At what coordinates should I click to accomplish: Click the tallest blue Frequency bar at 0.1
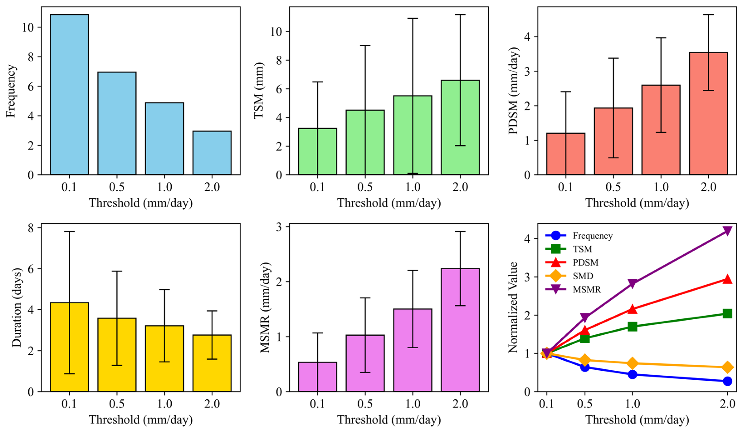[x=69, y=94]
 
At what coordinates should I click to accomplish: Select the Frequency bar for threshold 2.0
[x=212, y=153]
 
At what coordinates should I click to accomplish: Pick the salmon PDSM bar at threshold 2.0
[x=708, y=114]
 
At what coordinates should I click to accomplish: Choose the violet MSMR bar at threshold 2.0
[x=460, y=330]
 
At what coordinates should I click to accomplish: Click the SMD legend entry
[x=583, y=276]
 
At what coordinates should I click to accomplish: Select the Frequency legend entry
[x=592, y=236]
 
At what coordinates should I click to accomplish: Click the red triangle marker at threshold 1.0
[x=632, y=309]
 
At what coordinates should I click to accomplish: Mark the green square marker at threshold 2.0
[x=727, y=313]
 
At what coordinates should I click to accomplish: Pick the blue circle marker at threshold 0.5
[x=585, y=367]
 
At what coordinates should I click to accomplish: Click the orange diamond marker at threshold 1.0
[x=632, y=363]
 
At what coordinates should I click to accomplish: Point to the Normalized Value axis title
[x=513, y=307]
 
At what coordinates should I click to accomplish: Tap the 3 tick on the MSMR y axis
[x=279, y=227]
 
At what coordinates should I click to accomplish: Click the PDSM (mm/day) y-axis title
[x=513, y=90]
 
